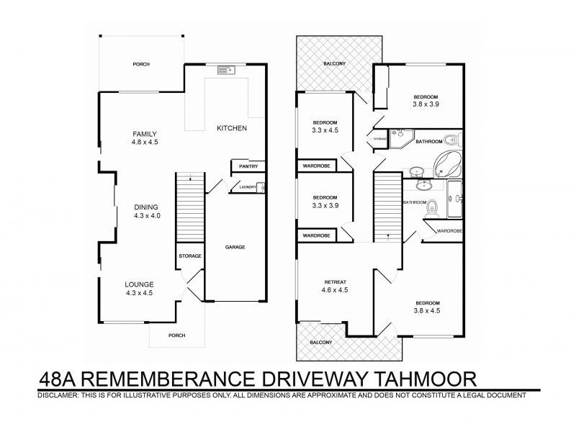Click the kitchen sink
(x=222, y=70)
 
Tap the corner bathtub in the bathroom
(x=449, y=163)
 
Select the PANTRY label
(x=246, y=167)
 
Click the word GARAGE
(x=235, y=247)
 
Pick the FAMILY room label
(x=144, y=134)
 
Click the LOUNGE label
(x=140, y=284)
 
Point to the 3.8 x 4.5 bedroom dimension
(x=426, y=311)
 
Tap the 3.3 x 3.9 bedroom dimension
(x=325, y=206)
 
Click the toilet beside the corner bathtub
(x=450, y=140)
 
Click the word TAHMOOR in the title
(x=419, y=378)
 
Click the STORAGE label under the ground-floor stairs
(x=190, y=256)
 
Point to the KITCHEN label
(x=232, y=128)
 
